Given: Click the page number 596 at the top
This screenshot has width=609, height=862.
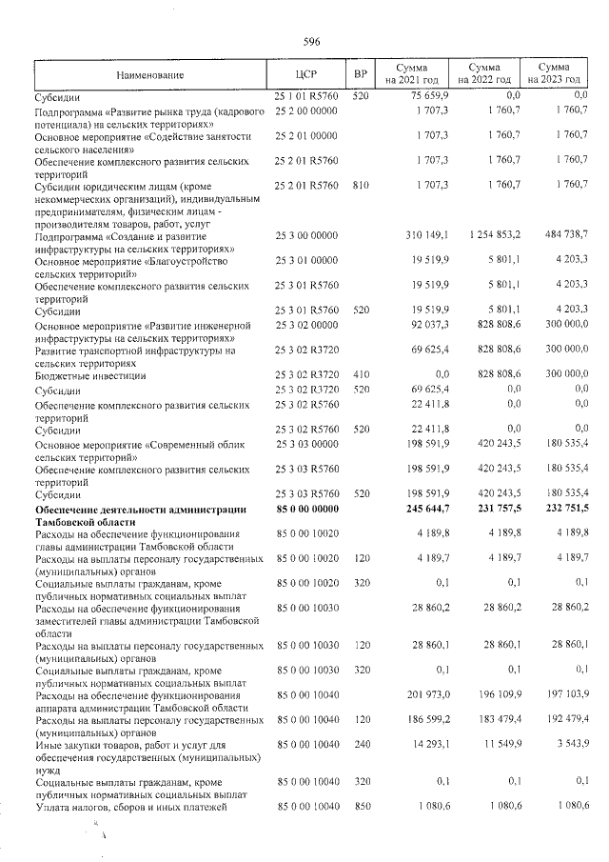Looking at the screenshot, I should click(x=310, y=41).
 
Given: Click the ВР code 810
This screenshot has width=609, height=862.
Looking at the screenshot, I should click(x=360, y=178).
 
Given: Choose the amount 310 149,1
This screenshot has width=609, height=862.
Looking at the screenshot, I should click(x=414, y=233).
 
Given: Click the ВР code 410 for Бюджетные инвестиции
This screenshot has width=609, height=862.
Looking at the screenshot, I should click(x=360, y=375).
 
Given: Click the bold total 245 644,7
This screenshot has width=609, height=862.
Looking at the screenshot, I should click(x=414, y=510).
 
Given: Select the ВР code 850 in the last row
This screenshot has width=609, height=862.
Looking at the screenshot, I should click(x=360, y=808).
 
